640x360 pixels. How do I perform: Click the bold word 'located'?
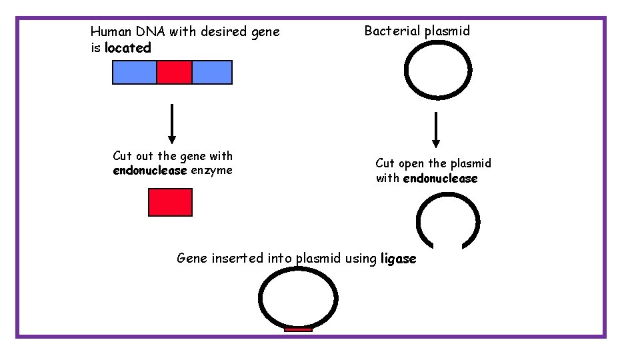click(x=128, y=48)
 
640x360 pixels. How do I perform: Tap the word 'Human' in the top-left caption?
click(x=109, y=31)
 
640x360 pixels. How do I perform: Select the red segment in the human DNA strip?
click(x=174, y=72)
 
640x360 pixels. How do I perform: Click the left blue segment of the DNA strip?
click(x=134, y=72)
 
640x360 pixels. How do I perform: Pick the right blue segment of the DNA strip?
click(x=212, y=72)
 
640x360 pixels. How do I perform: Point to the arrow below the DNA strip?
click(x=172, y=123)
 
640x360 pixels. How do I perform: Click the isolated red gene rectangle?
click(x=170, y=203)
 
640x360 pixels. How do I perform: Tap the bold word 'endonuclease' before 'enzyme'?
click(x=150, y=171)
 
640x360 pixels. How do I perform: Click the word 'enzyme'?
click(x=211, y=171)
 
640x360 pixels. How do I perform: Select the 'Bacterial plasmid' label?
click(x=417, y=31)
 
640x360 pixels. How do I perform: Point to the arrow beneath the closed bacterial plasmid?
click(x=436, y=129)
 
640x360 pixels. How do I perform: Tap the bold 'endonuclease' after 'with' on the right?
click(x=440, y=179)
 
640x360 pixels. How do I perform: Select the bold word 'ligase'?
click(x=398, y=259)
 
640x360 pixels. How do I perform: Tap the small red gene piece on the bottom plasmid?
click(x=298, y=329)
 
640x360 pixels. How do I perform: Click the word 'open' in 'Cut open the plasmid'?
click(x=413, y=163)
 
